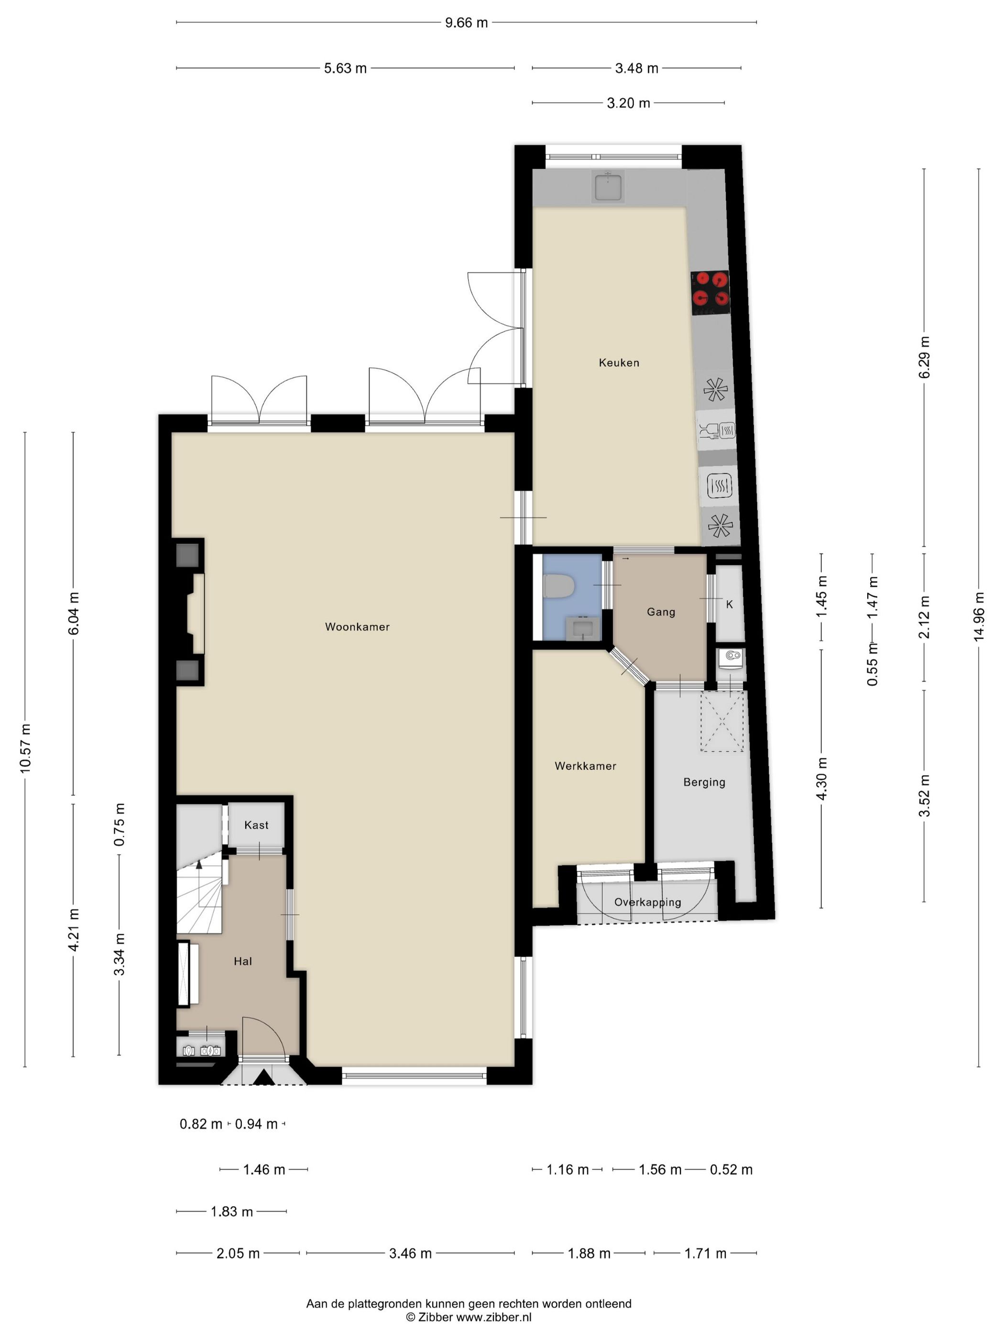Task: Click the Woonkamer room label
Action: pyautogui.click(x=357, y=626)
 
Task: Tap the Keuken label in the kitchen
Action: pyautogui.click(x=619, y=362)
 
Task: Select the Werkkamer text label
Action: pyautogui.click(x=585, y=766)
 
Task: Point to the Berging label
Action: pyautogui.click(x=704, y=782)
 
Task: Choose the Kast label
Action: pyautogui.click(x=256, y=824)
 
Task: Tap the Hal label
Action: pyautogui.click(x=243, y=961)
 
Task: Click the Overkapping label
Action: pyautogui.click(x=647, y=902)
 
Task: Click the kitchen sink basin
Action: pyautogui.click(x=608, y=186)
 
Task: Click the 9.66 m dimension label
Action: pyautogui.click(x=466, y=23)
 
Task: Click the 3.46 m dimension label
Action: pyautogui.click(x=410, y=1253)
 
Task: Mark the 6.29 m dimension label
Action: pyautogui.click(x=924, y=357)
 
